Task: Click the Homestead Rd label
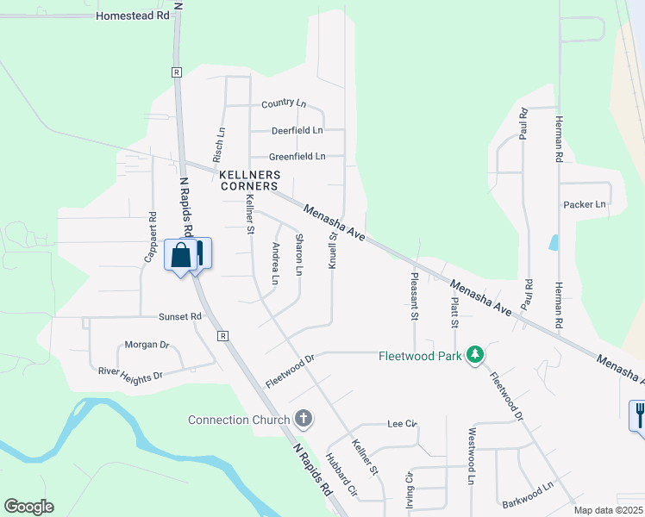click(133, 16)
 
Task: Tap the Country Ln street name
click(284, 103)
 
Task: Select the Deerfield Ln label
click(297, 130)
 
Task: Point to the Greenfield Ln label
click(297, 157)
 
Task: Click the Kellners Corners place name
click(249, 180)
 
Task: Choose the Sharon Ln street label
click(299, 255)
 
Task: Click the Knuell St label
click(332, 250)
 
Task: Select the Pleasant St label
click(415, 297)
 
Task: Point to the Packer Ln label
click(585, 205)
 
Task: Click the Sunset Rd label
click(179, 316)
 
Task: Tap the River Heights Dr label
click(130, 374)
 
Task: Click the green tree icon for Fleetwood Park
click(474, 355)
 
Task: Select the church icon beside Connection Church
click(303, 420)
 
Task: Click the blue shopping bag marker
click(181, 256)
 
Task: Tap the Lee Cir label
click(402, 424)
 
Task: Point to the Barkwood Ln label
click(526, 495)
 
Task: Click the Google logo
click(28, 507)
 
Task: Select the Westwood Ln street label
click(472, 456)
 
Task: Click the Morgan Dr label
click(147, 345)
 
